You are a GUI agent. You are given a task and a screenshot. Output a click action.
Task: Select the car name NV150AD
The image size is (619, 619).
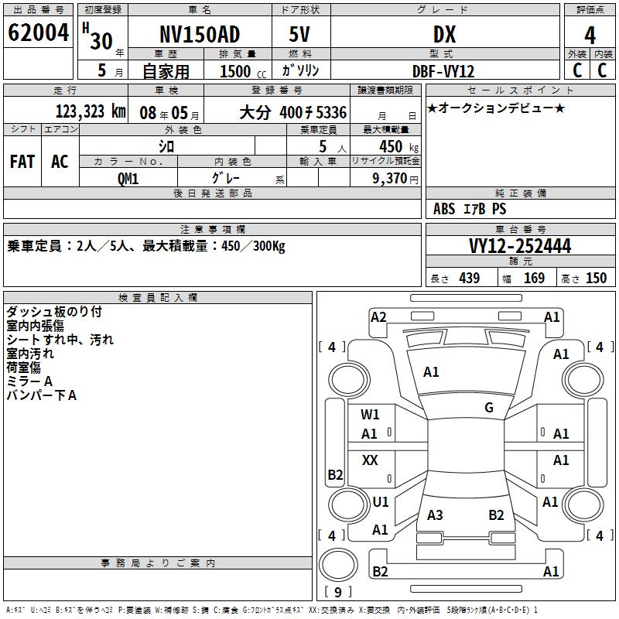tap(200, 35)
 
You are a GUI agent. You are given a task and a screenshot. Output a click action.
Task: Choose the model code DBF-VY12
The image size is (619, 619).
tap(443, 71)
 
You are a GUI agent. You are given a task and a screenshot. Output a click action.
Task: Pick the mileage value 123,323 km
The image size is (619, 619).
tap(91, 111)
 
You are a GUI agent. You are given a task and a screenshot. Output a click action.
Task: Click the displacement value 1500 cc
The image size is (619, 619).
tap(242, 71)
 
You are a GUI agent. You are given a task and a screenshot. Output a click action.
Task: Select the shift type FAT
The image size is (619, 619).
tap(22, 161)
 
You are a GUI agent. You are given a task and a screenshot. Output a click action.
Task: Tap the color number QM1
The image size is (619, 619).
tap(128, 177)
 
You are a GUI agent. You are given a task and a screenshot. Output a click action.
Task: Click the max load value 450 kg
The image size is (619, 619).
tap(391, 146)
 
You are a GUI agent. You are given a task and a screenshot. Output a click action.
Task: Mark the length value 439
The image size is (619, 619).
tap(469, 278)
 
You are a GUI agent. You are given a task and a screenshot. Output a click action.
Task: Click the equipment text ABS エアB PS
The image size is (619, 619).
tap(470, 209)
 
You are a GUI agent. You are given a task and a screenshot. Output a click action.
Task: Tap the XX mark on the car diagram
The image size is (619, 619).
tap(371, 460)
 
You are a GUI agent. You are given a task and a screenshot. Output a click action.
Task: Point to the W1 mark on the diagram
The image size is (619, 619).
tap(371, 415)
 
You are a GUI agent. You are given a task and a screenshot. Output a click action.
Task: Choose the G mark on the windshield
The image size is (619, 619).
tap(489, 408)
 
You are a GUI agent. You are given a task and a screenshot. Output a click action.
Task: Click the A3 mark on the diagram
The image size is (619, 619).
tap(436, 515)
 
